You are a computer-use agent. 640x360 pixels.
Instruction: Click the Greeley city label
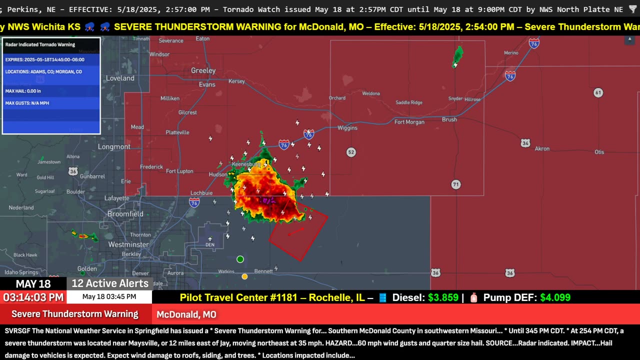tap(203, 70)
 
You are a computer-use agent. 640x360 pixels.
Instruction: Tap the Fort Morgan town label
tap(409, 122)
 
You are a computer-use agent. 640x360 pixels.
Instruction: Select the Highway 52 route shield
tap(351, 152)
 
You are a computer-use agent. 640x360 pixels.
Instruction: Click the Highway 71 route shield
tap(455, 184)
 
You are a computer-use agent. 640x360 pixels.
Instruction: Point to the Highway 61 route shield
tap(598, 92)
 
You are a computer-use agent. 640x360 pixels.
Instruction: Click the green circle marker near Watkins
tap(240, 259)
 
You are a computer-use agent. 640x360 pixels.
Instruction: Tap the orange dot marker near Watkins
tap(244, 276)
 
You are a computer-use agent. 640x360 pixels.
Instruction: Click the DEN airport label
tap(210, 244)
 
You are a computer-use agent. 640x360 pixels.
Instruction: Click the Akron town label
tap(542, 148)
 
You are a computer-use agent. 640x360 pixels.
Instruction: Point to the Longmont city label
tap(114, 147)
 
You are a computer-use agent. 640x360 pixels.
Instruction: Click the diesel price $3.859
tap(443, 297)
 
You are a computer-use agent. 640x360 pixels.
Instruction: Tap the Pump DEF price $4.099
tap(555, 297)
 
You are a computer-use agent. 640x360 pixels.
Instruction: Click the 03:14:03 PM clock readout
tap(33, 297)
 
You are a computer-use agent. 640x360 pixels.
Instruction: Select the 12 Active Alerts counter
tap(110, 283)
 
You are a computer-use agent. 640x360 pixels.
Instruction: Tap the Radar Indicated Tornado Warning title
tap(40, 44)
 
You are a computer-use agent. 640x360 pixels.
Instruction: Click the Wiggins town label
tap(347, 128)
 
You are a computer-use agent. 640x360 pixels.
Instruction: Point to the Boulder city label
tap(75, 191)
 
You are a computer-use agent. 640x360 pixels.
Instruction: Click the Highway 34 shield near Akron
tap(525, 143)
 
